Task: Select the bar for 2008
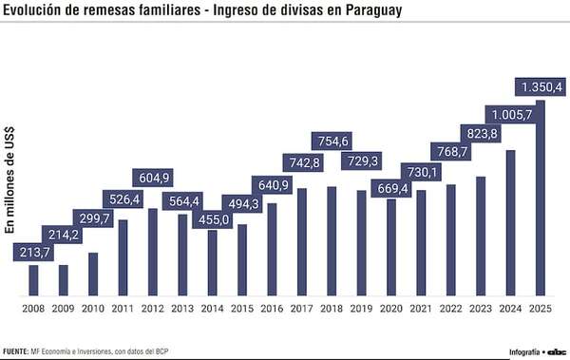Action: coord(33,280)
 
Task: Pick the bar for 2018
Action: coord(332,240)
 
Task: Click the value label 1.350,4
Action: coord(541,87)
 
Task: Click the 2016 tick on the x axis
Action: coord(272,309)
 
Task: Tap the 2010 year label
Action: coord(93,309)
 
